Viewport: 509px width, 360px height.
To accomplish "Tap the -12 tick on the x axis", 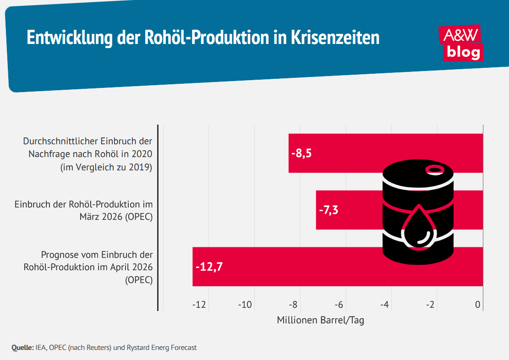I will [x=199, y=305].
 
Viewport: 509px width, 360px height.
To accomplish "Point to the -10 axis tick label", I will [x=245, y=305].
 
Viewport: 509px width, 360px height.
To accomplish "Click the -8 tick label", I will [x=293, y=305].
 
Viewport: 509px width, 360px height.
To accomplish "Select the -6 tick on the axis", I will [x=339, y=305].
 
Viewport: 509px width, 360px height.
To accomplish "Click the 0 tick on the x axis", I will [x=477, y=305].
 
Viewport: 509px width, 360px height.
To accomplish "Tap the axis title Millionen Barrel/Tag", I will [x=320, y=320].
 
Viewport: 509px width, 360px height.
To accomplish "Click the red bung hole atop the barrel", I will [x=434, y=170].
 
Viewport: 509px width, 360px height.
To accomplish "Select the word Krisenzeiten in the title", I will [x=335, y=38].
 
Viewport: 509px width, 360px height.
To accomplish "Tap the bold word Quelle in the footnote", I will [x=22, y=348].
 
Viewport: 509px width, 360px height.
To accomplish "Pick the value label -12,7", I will [x=209, y=267].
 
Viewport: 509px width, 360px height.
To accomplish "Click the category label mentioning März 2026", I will [x=83, y=210].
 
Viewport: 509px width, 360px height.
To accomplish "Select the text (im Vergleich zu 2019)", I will [x=106, y=167].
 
